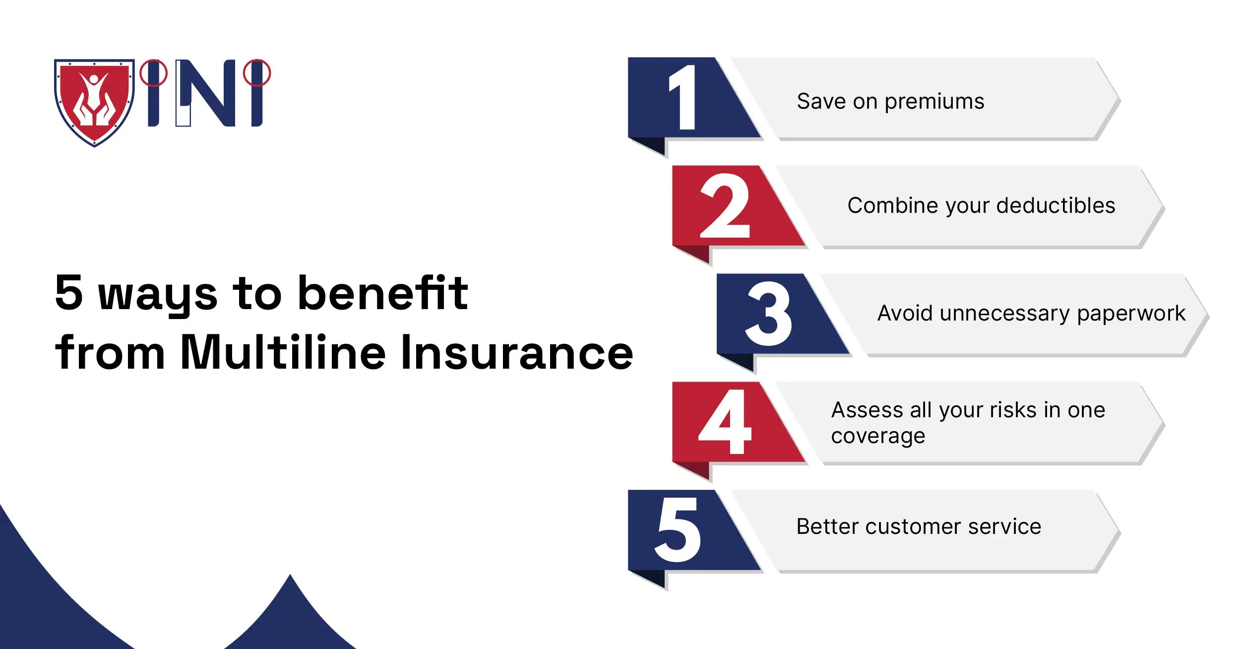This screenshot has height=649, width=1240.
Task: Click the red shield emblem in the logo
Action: [94, 102]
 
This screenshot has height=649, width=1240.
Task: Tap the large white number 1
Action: [683, 98]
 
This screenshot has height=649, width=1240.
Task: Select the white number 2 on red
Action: [725, 206]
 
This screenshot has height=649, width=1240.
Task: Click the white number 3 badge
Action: [769, 314]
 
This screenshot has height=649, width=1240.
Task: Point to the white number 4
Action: [725, 422]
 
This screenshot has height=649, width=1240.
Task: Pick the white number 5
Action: [678, 530]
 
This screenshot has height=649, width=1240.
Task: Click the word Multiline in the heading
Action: [283, 352]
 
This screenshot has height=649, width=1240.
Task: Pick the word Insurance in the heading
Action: [517, 352]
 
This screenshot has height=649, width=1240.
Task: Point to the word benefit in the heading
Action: [383, 293]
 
